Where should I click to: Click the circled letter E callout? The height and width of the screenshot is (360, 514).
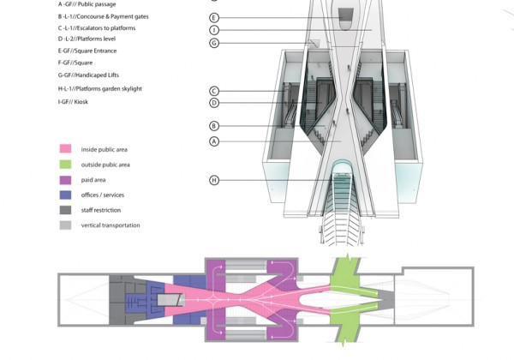coord(214,17)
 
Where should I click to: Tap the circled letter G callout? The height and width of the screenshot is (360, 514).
coord(214,43)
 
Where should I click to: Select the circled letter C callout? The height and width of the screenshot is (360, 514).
coord(214,91)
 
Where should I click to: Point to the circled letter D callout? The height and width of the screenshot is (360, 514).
coord(214,103)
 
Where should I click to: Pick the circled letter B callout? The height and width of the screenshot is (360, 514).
coord(214,126)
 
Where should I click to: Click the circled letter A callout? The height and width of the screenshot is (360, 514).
coord(214,141)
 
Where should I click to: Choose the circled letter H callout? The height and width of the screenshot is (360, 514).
coord(214,179)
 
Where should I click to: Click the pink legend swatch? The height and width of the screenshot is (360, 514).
coord(64,149)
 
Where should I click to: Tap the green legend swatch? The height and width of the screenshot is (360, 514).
coord(64,164)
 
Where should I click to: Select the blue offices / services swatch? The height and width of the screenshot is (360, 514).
coord(64,195)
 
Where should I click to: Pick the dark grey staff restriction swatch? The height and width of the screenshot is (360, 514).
coord(64,210)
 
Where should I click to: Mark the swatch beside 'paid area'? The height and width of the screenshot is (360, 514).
coord(64,179)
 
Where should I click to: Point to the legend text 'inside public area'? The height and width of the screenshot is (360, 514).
coord(106,149)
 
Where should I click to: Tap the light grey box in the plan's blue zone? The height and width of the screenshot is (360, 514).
coord(170,300)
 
